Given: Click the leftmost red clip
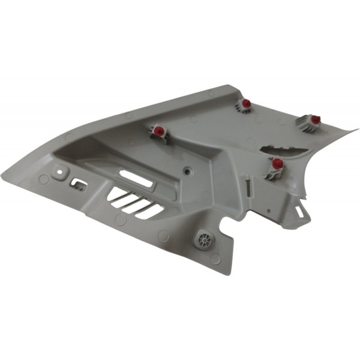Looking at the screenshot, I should click(159, 131).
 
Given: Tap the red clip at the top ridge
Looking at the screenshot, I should click(246, 104).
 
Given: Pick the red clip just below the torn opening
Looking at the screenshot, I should click(277, 163).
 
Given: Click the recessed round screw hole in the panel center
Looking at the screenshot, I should click(190, 171).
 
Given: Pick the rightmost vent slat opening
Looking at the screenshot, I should click(152, 211).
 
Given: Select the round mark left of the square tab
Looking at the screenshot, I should click(44, 179).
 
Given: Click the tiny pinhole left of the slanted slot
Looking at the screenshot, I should click(268, 211).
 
